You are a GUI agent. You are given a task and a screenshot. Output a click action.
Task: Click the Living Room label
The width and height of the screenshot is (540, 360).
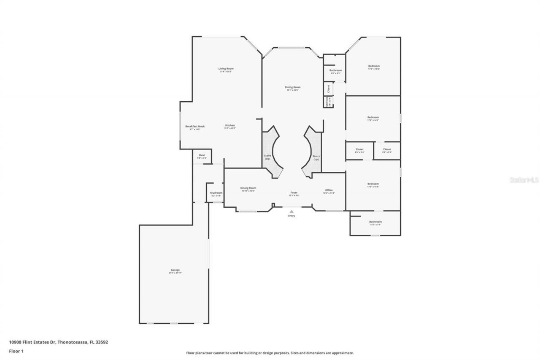click(226, 69)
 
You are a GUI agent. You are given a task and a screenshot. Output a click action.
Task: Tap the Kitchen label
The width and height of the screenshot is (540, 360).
click(230, 125)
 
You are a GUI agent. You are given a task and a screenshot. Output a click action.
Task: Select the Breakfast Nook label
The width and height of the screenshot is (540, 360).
click(195, 126)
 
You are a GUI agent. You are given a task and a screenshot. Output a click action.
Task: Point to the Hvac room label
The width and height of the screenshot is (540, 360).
click(202, 155)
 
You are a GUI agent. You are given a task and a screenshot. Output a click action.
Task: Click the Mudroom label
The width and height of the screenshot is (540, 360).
click(216, 193)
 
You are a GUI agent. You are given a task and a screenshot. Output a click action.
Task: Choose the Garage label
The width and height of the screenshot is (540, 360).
click(175, 270)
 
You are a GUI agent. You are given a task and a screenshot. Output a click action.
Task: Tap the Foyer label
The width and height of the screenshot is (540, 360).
click(294, 192)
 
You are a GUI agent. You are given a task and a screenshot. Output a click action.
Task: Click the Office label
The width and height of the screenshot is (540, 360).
click(329, 190)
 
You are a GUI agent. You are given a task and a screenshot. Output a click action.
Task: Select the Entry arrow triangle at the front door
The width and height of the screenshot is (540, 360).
click(292, 211)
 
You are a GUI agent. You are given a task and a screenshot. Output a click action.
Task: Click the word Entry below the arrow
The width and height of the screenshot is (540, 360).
click(292, 216)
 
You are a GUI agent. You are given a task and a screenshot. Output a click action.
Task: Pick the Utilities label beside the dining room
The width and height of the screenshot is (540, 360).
click(327, 102)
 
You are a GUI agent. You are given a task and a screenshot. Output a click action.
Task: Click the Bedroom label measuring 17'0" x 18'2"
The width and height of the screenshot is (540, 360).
click(373, 66)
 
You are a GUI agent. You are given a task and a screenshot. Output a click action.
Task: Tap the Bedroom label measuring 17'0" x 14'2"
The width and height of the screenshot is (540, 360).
click(373, 117)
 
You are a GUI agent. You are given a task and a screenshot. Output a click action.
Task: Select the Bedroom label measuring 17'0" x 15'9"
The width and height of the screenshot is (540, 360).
click(373, 184)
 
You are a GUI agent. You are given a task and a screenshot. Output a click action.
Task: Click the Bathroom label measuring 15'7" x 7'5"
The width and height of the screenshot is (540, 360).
click(375, 222)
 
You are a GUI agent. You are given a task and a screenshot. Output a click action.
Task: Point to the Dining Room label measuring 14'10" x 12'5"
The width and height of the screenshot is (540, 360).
click(248, 188)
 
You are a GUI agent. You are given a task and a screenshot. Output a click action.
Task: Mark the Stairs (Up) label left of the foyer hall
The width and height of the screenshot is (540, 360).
click(267, 157)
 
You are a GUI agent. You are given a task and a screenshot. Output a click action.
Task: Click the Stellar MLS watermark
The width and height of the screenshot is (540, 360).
click(524, 180)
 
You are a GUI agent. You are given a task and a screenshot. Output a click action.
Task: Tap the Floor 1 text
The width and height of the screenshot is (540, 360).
click(16, 351)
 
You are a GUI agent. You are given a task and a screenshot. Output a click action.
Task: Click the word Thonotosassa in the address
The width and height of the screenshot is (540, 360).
click(73, 342)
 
